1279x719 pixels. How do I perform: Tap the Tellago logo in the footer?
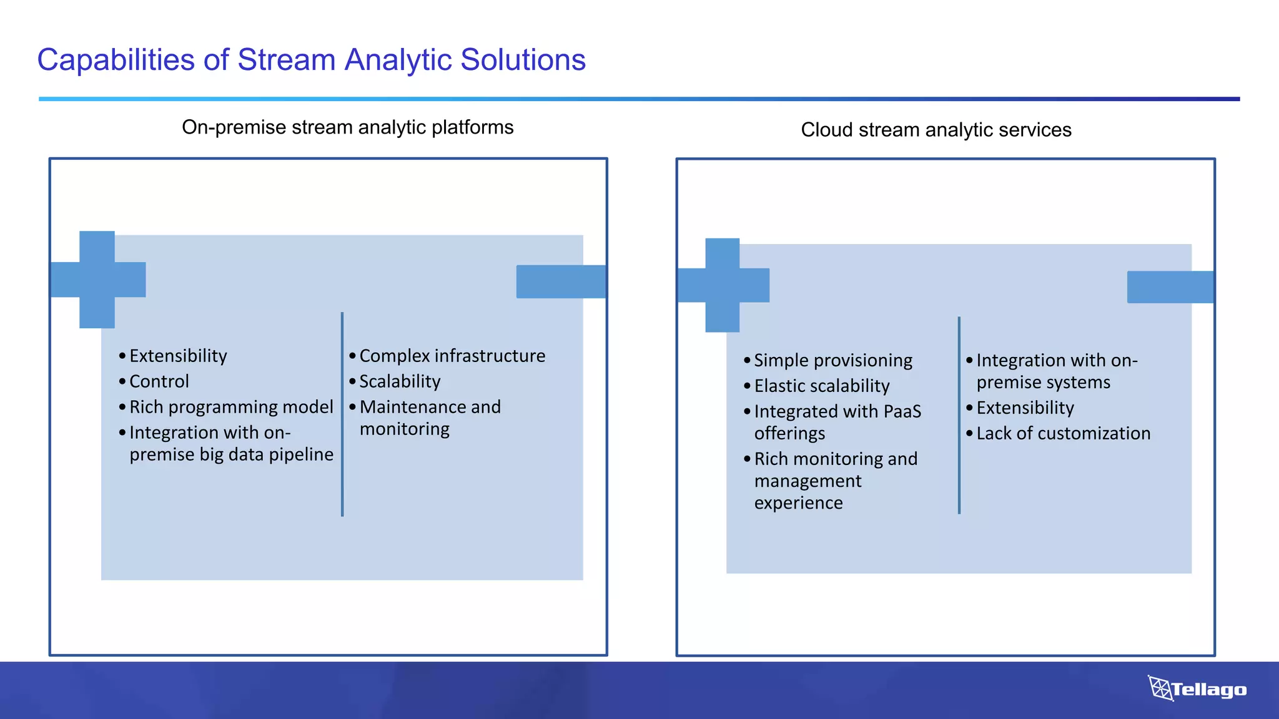click(1197, 689)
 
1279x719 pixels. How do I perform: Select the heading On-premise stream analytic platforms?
click(347, 127)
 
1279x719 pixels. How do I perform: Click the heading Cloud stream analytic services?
click(936, 130)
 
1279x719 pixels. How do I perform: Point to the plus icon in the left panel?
click(97, 280)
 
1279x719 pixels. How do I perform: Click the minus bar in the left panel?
click(561, 281)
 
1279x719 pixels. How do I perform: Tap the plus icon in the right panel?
click(723, 285)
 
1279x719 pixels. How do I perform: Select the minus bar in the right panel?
click(1170, 287)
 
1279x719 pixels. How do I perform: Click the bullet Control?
click(159, 381)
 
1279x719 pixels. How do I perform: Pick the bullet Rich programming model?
click(231, 407)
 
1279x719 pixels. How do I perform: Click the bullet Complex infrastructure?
click(452, 356)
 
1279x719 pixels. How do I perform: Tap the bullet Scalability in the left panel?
click(400, 381)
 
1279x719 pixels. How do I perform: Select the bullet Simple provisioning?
click(832, 360)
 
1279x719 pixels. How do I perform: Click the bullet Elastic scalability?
click(821, 386)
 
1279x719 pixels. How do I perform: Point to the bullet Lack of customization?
click(1063, 433)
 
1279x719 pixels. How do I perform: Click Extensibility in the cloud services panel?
click(1025, 408)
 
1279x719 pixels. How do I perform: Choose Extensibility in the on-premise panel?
click(178, 356)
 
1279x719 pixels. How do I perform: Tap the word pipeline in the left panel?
click(301, 454)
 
